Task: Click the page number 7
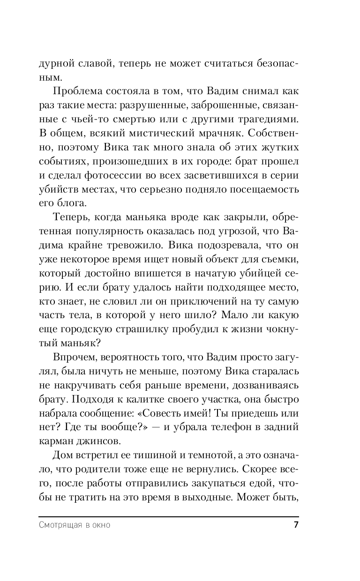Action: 295,524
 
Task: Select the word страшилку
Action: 156,317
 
